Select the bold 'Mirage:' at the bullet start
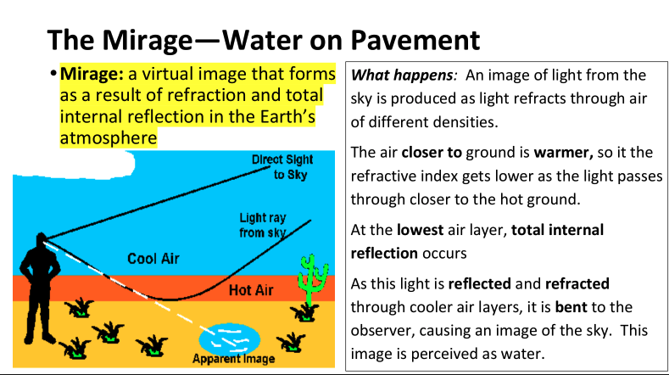point(91,75)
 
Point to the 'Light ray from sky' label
point(262,225)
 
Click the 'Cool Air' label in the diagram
point(153,258)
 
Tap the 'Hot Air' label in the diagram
point(252,290)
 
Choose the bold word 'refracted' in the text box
point(577,283)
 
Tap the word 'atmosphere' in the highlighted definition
point(108,138)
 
